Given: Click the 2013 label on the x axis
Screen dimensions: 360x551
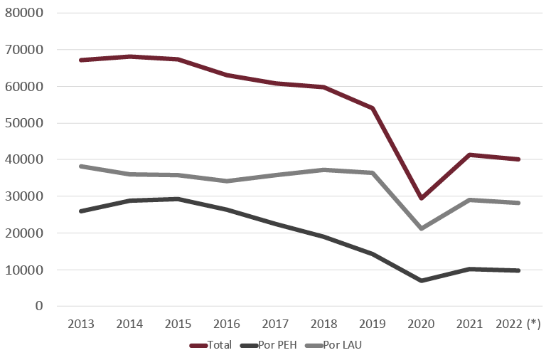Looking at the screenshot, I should pyautogui.click(x=81, y=324).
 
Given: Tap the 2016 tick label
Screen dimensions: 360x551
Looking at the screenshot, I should pyautogui.click(x=227, y=324).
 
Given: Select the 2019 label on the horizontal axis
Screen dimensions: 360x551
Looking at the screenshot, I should pyautogui.click(x=373, y=324).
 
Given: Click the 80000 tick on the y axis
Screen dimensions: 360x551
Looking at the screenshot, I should pyautogui.click(x=24, y=14).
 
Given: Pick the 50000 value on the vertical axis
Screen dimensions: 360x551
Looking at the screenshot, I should pyautogui.click(x=24, y=123).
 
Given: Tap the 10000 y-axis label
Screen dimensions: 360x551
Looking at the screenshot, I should pyautogui.click(x=24, y=270).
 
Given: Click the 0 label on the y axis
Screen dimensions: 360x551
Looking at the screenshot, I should pyautogui.click(x=39, y=307).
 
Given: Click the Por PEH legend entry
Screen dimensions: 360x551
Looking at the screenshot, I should pyautogui.click(x=270, y=346).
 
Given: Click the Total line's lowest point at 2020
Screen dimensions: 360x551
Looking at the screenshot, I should pyautogui.click(x=422, y=198).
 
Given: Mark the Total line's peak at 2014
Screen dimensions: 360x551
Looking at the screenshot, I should pyautogui.click(x=129, y=56).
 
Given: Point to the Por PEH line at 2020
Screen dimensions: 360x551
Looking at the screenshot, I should pyautogui.click(x=422, y=280).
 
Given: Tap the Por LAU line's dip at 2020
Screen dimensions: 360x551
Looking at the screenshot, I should pyautogui.click(x=422, y=228).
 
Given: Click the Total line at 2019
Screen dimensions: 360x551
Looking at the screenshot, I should pyautogui.click(x=373, y=108).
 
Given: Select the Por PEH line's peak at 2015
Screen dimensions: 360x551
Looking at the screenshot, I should pyautogui.click(x=178, y=198).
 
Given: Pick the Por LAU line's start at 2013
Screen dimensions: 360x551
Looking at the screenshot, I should pyautogui.click(x=81, y=166).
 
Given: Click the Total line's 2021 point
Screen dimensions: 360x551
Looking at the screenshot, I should pyautogui.click(x=470, y=155).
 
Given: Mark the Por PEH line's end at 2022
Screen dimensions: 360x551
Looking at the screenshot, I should pyautogui.click(x=518, y=270).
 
